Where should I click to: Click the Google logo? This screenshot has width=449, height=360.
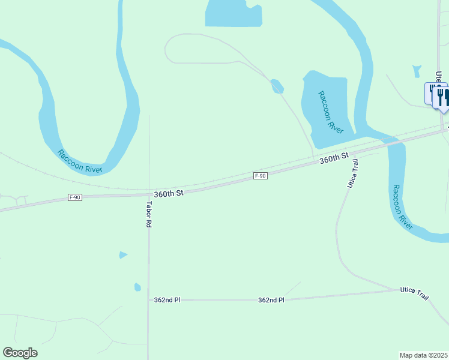point(20,353)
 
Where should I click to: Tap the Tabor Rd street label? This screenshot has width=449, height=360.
point(149,214)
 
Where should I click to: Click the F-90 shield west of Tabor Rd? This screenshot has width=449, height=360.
point(75,197)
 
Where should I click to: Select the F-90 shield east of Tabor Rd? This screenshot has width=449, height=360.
point(260,176)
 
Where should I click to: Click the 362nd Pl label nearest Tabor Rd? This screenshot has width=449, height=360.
point(167,299)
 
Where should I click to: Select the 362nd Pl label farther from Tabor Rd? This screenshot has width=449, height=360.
point(271,299)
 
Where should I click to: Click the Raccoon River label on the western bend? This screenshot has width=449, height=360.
point(80,161)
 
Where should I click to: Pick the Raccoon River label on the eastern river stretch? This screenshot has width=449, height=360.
point(403,207)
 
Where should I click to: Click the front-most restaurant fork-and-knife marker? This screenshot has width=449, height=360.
point(444,99)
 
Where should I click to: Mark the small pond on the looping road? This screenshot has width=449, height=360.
point(277,86)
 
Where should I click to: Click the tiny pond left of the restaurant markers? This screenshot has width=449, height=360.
point(417,71)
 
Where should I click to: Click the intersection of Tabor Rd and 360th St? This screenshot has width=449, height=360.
point(149,194)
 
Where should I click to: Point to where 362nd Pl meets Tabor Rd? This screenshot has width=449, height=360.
point(149,299)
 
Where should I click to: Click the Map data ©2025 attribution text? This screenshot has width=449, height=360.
point(423,355)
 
